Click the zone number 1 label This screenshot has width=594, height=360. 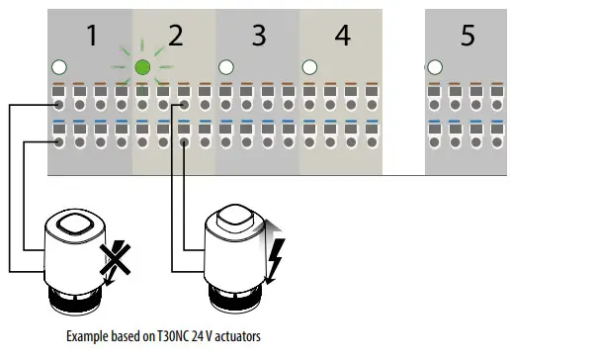pos(91,37)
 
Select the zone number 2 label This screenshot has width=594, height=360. pos(176,37)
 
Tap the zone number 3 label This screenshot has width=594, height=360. pos(259,37)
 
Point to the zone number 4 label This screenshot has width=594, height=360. pos(342,37)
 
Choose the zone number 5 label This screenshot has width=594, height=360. pos(467,37)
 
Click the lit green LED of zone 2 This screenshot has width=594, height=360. pos(142,67)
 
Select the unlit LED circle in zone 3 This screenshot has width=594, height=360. pos(226,67)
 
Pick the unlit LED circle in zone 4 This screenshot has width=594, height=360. pos(309,67)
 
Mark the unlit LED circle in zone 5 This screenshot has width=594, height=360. pos(434,67)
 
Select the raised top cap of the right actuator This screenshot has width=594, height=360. pos(238,216)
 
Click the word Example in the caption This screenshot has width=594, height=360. pos(87,337)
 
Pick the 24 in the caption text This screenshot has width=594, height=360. pos(194,337)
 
